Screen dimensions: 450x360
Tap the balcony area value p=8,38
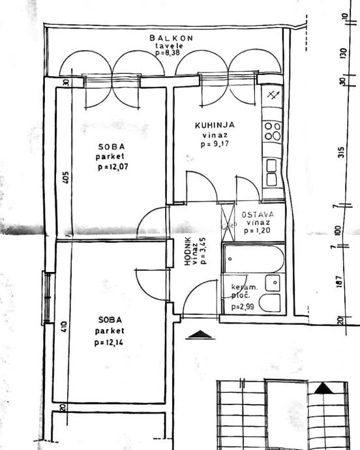(x=170, y=53)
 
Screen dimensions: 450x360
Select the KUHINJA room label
(x=215, y=125)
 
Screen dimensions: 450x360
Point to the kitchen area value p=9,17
(x=214, y=144)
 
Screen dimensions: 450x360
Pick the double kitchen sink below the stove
(x=271, y=171)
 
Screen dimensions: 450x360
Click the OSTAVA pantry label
(x=258, y=215)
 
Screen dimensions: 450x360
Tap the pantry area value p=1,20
(x=258, y=231)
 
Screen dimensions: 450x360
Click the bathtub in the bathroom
(x=252, y=260)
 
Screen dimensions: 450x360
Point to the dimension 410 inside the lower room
(x=64, y=326)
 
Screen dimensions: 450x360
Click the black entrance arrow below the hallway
(x=200, y=335)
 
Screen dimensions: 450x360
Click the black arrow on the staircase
(x=323, y=388)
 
